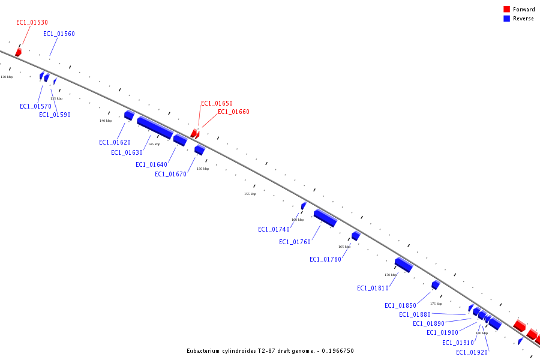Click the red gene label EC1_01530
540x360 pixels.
(32, 22)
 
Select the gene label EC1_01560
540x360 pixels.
(59, 34)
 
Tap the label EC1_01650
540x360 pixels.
(217, 103)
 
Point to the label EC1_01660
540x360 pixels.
(233, 112)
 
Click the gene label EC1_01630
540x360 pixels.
(127, 152)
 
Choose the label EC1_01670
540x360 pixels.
(170, 174)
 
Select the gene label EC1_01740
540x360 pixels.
(274, 229)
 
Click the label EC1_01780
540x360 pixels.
(325, 259)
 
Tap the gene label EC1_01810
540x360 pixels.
(373, 288)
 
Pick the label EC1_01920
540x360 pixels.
(472, 352)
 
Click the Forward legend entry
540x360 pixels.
(523, 10)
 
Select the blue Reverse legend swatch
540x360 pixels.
(506, 19)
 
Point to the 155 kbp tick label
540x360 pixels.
(250, 194)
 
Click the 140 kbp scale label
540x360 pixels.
(105, 121)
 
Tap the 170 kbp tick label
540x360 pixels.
(390, 275)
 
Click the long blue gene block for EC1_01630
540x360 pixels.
(154, 127)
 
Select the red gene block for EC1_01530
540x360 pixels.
(18, 52)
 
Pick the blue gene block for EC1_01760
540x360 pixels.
(325, 218)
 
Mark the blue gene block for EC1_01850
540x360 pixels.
(436, 285)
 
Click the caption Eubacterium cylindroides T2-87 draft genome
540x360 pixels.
(269, 350)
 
